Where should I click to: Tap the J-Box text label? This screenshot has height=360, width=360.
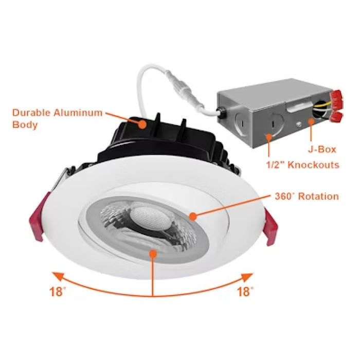322,150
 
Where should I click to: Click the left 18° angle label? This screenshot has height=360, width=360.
58,292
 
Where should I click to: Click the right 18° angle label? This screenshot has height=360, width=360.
245,292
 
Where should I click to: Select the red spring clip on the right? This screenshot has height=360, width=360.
272,227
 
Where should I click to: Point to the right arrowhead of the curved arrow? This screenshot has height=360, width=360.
249,277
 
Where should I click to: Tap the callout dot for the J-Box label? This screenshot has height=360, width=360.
310,122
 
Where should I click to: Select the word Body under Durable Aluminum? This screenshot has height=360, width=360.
25,125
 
